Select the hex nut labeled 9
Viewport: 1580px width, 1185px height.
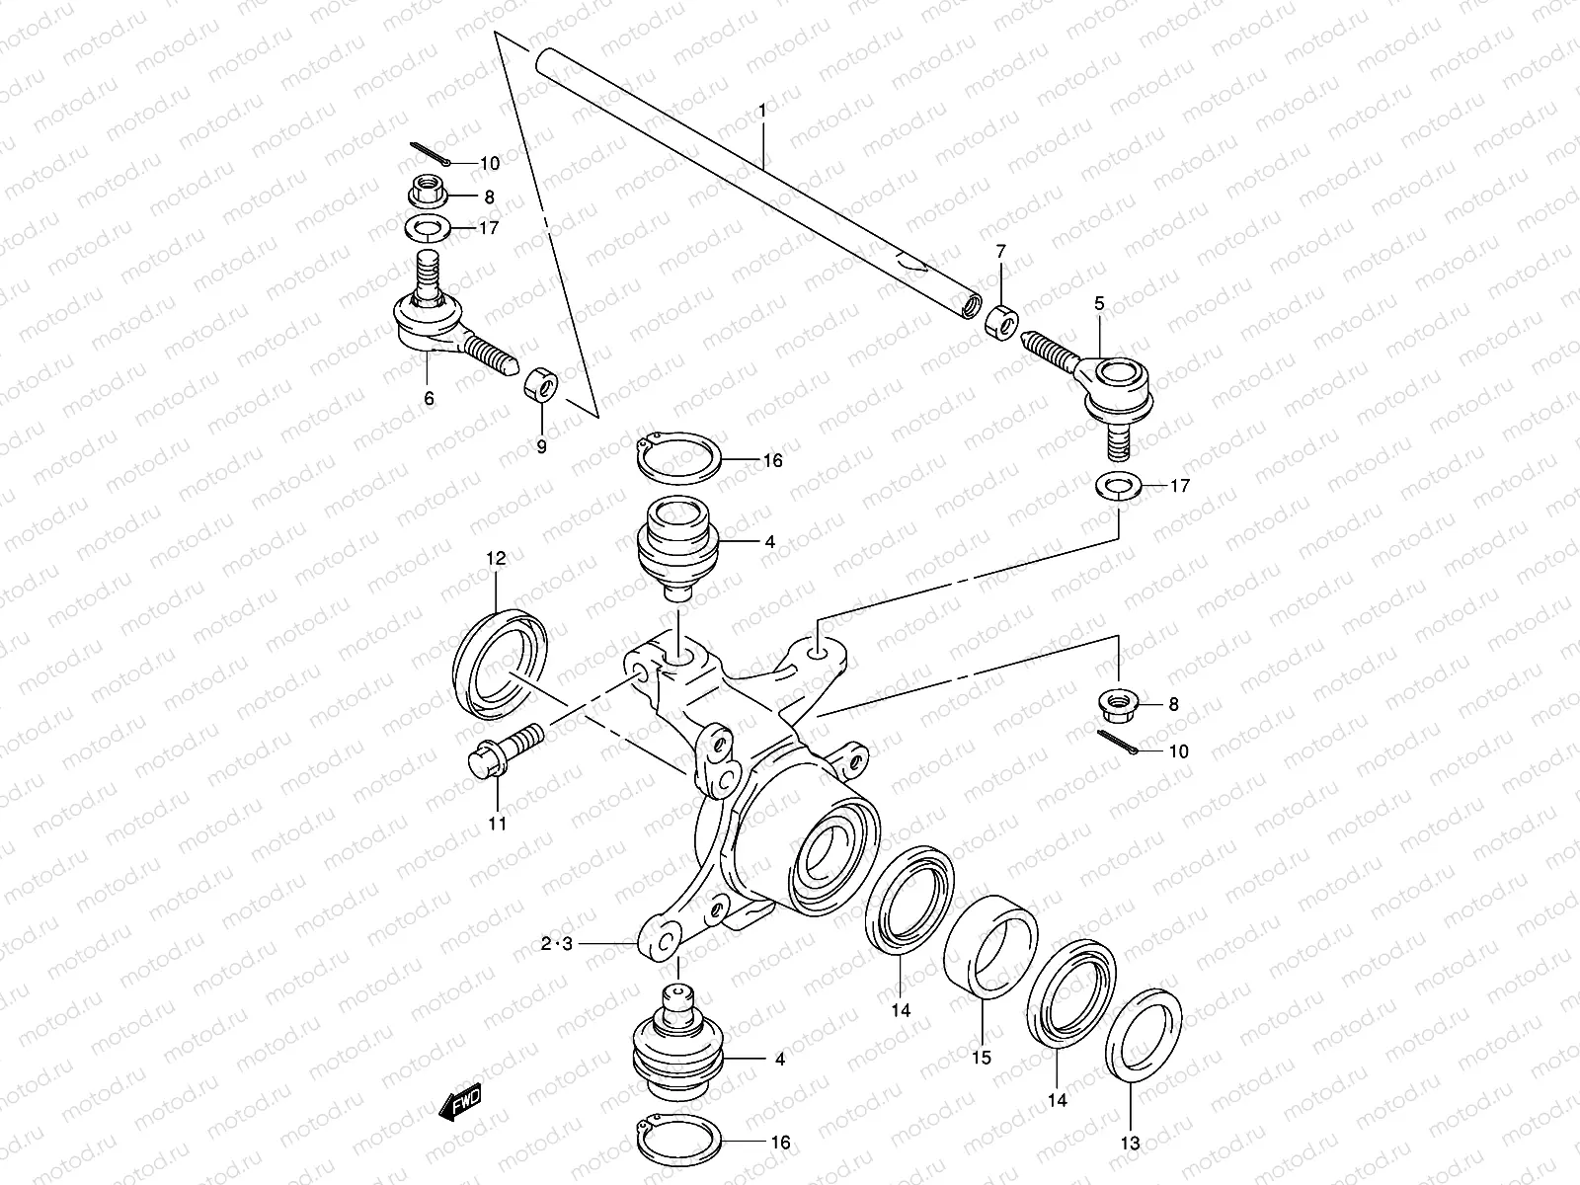pyautogui.click(x=540, y=382)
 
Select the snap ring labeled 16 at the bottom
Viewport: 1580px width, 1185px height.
pyautogui.click(x=677, y=1144)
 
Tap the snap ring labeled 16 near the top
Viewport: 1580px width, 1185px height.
pyautogui.click(x=676, y=459)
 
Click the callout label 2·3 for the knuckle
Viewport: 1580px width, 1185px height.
pyautogui.click(x=557, y=945)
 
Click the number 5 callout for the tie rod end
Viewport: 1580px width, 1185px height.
pyautogui.click(x=1099, y=303)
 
